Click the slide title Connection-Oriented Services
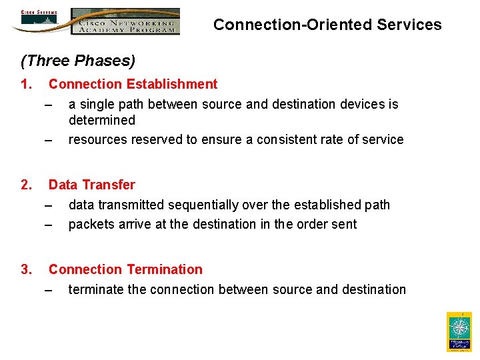[327, 25]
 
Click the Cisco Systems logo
[39, 20]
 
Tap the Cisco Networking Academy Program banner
[125, 21]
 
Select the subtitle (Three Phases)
[78, 61]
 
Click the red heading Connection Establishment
[133, 84]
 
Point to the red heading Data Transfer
[91, 185]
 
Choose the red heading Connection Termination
[125, 269]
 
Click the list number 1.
[26, 84]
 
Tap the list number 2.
[26, 185]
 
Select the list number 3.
[26, 269]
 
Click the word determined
[101, 120]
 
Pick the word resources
[97, 140]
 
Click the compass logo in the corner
[459, 331]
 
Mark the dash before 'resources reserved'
[48, 140]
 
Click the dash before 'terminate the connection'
[48, 289]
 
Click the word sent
[345, 224]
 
